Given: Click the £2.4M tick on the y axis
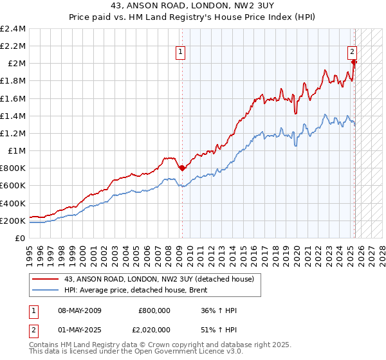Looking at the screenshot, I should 13,29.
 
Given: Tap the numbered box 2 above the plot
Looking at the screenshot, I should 353,53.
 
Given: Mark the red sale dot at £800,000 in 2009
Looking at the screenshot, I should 182,168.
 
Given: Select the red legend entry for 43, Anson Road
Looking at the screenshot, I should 161,279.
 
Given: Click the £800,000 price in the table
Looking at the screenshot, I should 154,310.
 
